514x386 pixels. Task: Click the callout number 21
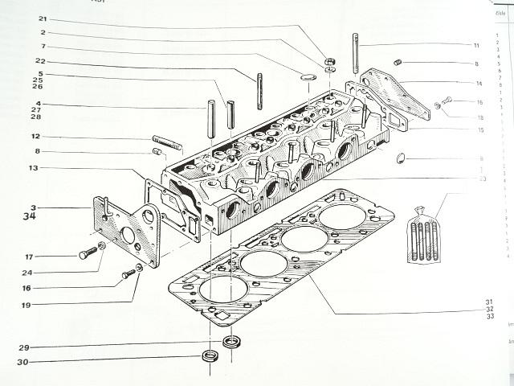(x=43, y=18)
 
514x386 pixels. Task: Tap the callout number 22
(x=40, y=62)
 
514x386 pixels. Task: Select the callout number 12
(x=37, y=136)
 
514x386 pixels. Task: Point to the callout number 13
(x=33, y=168)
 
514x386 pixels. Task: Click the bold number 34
(x=30, y=216)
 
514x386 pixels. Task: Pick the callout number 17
(x=29, y=257)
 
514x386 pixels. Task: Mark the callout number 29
(x=25, y=347)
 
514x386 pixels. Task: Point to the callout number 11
(x=476, y=45)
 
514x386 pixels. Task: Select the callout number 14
(x=478, y=83)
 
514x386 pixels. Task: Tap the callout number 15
(x=479, y=130)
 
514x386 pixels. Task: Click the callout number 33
(x=488, y=318)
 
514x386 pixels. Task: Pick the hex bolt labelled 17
(x=88, y=253)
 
